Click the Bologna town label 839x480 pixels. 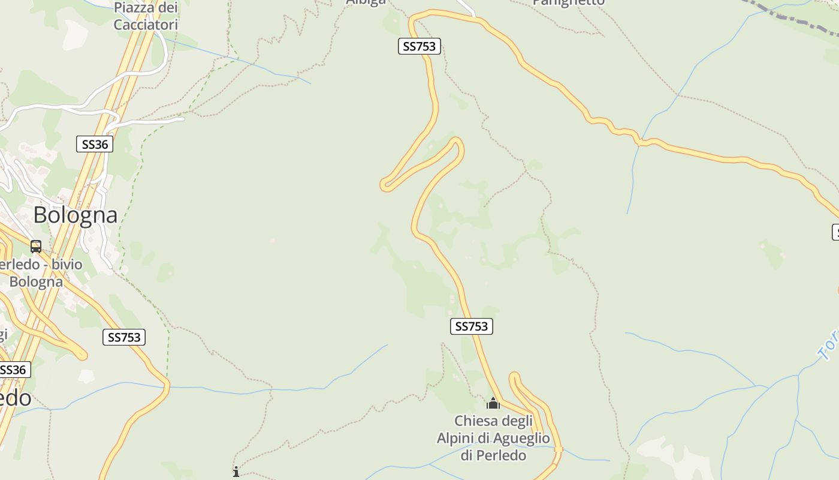pos(76,215)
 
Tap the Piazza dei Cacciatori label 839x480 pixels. pos(146,16)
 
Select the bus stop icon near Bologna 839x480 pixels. pos(36,247)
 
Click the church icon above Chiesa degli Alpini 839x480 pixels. pos(493,403)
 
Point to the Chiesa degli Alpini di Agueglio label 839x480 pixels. pos(493,438)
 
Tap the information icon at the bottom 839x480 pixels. pos(236,472)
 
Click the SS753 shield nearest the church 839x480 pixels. pos(471,326)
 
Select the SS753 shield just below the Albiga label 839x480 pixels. pos(419,46)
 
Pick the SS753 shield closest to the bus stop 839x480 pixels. pos(125,337)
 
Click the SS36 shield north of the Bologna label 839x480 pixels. pos(95,144)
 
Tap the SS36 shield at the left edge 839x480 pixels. pos(13,370)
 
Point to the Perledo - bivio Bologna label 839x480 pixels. pos(39,273)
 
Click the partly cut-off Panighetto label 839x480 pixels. pos(568,2)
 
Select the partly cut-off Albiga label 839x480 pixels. pos(366,2)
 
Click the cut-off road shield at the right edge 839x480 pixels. pos(835,232)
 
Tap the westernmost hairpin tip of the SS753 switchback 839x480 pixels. pos(385,185)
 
